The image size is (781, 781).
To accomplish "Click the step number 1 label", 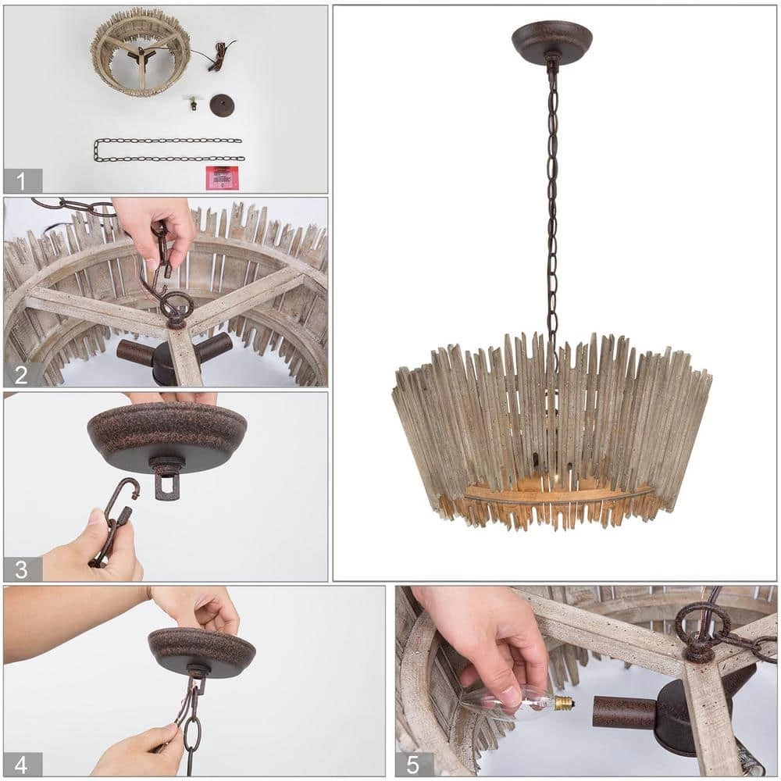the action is tap(20, 181).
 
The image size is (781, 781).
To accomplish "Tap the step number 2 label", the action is tap(20, 375).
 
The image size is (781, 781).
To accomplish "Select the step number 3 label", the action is tap(21, 569).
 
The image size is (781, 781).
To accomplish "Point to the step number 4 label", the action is tap(21, 764).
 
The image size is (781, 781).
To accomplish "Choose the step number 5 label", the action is tap(413, 764).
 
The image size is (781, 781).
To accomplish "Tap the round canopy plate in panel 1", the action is tap(222, 105).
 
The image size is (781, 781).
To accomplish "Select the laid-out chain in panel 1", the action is tap(169, 150).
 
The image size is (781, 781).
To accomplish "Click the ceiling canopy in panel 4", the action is tap(201, 652).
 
